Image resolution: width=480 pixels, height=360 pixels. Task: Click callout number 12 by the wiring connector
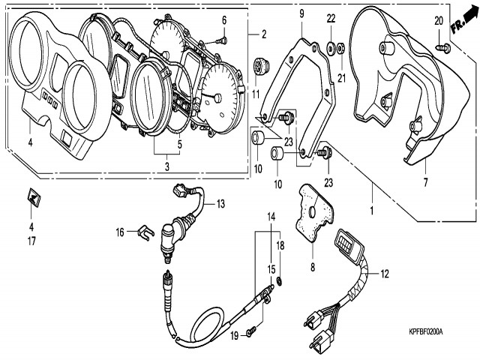tap(384, 274)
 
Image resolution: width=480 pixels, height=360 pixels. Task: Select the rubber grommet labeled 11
tap(260, 67)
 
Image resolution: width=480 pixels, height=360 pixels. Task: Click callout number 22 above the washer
tap(331, 17)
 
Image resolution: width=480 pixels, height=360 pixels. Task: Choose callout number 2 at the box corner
tap(263, 34)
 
